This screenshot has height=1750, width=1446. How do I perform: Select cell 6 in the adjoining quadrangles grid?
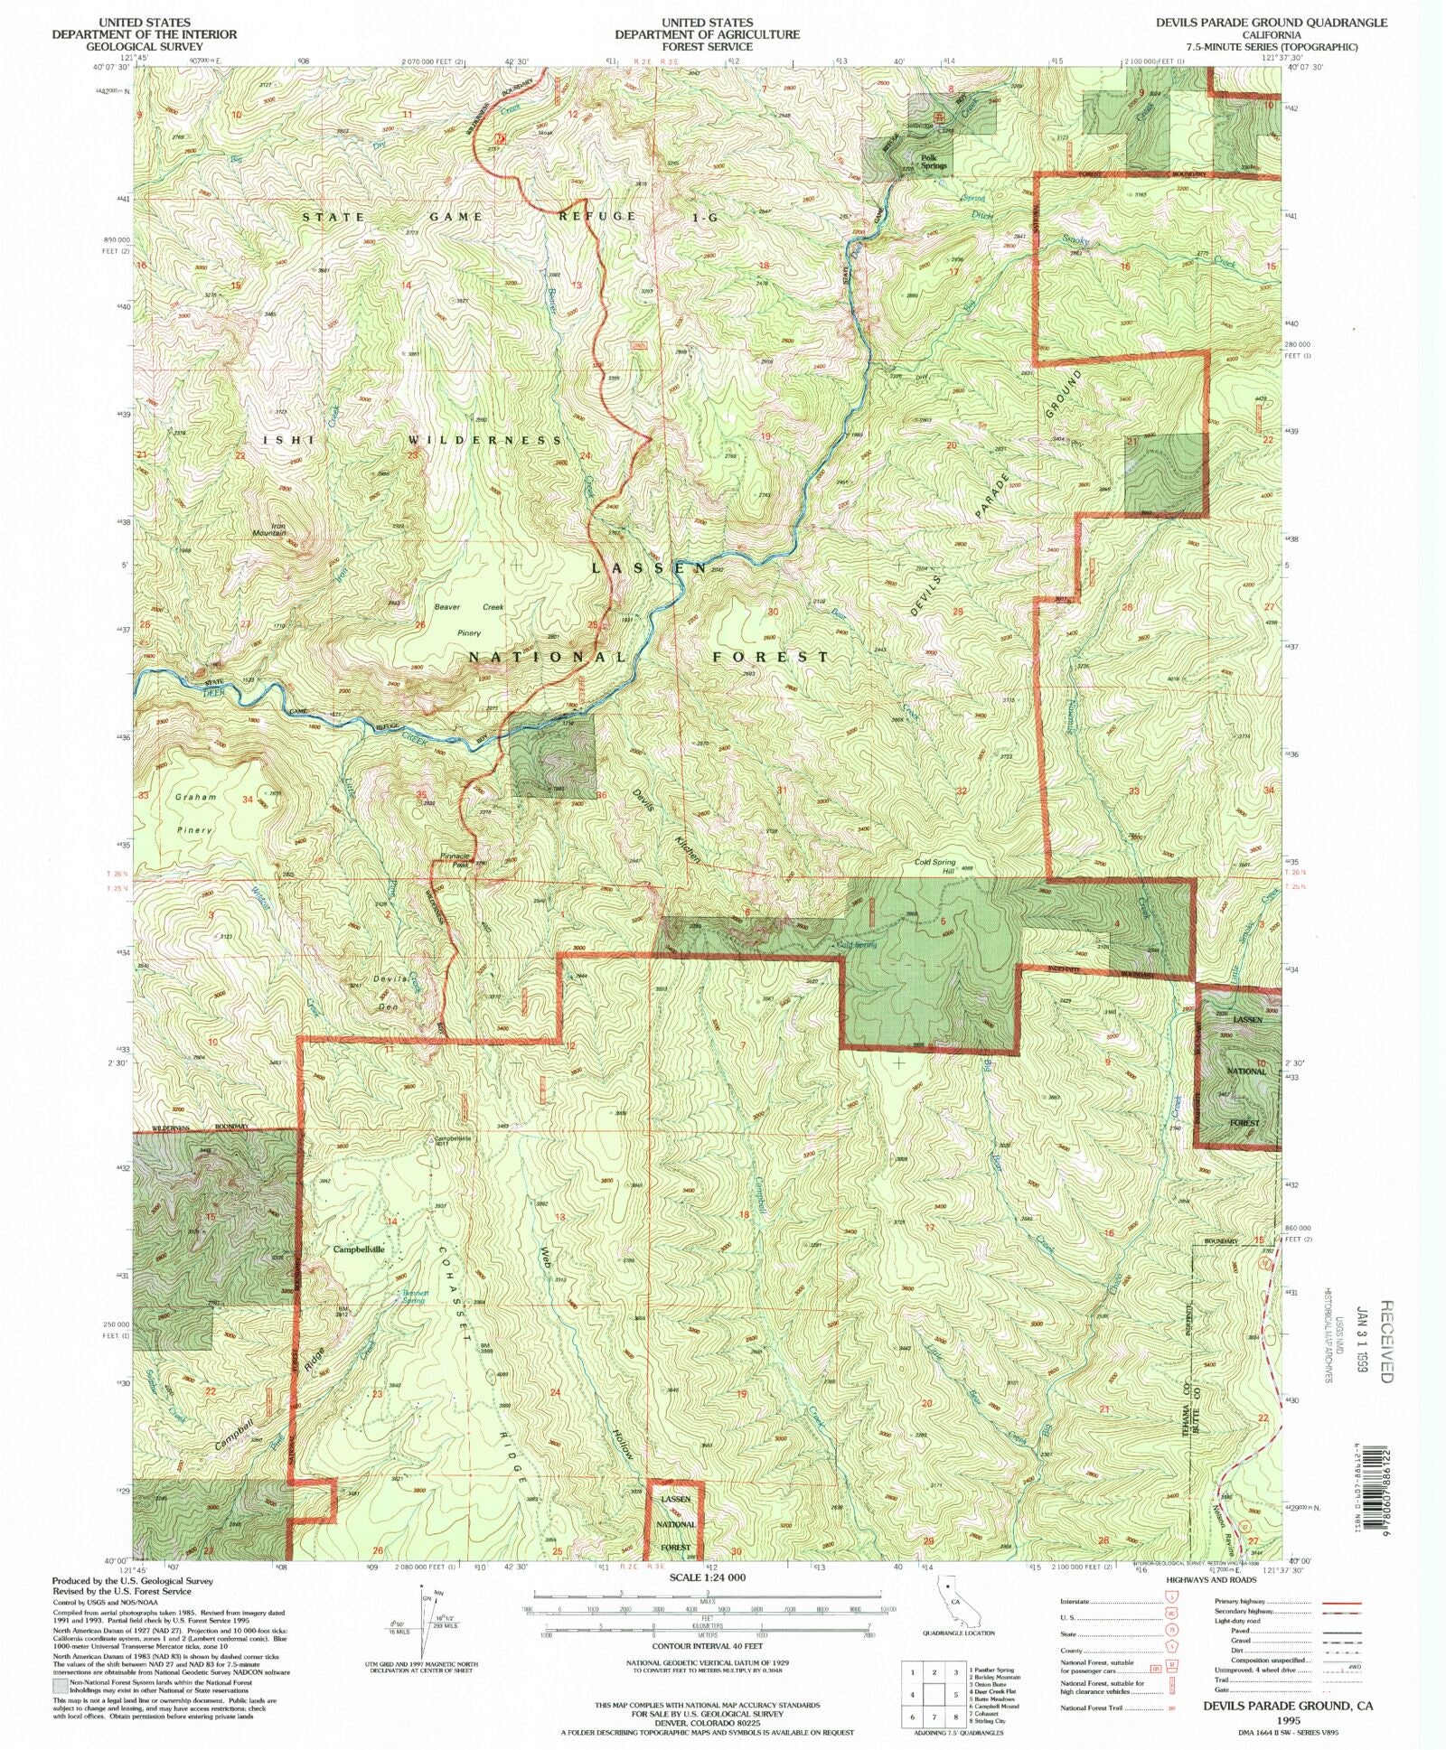(x=914, y=1717)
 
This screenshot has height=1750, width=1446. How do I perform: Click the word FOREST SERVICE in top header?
(x=707, y=47)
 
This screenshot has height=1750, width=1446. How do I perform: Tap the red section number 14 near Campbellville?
(x=391, y=1221)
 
